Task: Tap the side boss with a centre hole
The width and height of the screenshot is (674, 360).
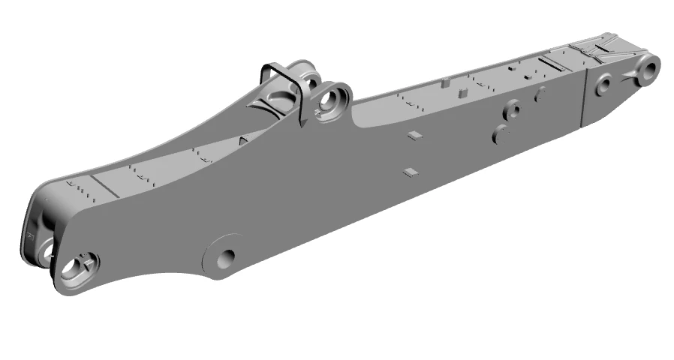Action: click(513, 112)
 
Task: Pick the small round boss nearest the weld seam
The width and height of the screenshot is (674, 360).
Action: click(539, 94)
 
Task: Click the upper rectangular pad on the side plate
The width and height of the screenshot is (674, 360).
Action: click(414, 136)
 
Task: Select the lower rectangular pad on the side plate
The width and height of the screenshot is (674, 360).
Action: click(409, 172)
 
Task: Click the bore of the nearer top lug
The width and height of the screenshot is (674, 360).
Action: click(329, 100)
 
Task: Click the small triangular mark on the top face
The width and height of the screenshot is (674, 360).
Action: click(242, 139)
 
